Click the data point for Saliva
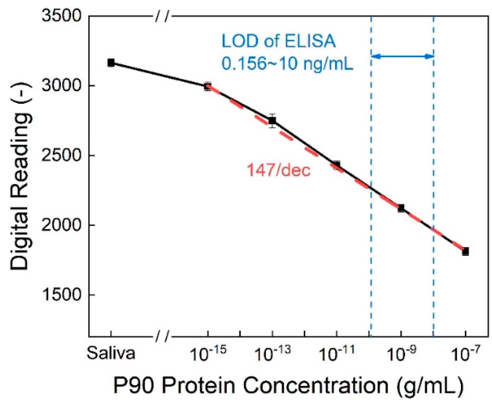111,63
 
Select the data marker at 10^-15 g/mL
208,86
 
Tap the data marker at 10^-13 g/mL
272,120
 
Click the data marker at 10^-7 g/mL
465,251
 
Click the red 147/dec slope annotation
279,170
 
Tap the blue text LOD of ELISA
279,41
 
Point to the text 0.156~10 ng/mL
287,63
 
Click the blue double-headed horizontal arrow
402,56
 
